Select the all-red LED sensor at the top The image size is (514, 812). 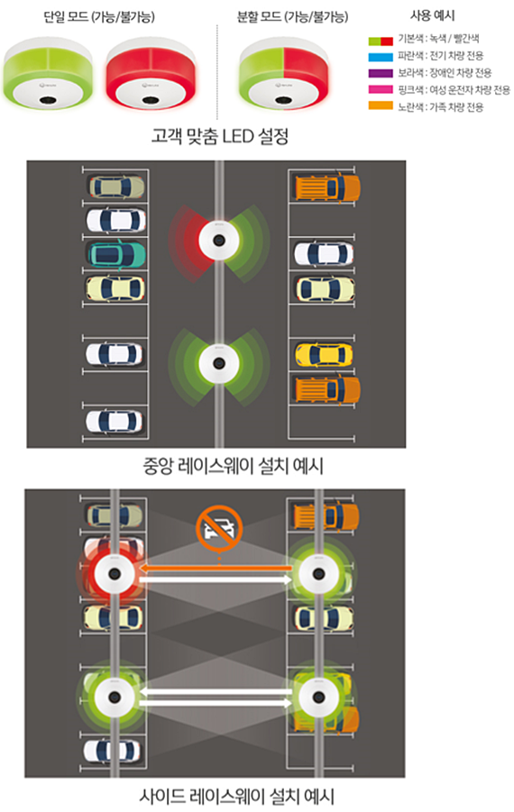[151, 72]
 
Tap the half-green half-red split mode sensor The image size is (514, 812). [284, 72]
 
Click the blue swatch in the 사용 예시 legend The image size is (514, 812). [381, 57]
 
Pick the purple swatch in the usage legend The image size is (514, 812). [381, 73]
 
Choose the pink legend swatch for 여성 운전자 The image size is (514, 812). [381, 89]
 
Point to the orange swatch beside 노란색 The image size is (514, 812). [381, 105]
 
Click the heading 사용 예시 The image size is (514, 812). [432, 15]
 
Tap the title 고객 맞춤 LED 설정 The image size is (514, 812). [220, 136]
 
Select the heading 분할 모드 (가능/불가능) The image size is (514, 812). [292, 16]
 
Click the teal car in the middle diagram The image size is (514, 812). [116, 254]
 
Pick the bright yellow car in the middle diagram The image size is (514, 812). [324, 355]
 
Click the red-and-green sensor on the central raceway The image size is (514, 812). [219, 241]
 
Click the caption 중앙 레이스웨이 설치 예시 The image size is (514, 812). [234, 466]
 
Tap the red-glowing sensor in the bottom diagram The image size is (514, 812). [115, 574]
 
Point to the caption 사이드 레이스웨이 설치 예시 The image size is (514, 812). [236, 796]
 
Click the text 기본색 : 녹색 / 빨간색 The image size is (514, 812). [438, 40]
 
